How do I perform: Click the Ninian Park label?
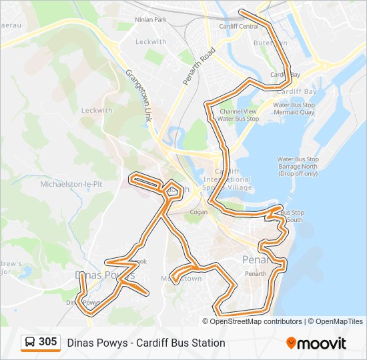pyautogui.click(x=150, y=20)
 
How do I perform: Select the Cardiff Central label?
pyautogui.click(x=239, y=27)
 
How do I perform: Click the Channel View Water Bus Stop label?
pyautogui.click(x=238, y=115)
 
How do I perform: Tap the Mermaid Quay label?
pyautogui.click(x=294, y=114)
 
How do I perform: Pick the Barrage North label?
pyautogui.click(x=298, y=167)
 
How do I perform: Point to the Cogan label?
pyautogui.click(x=198, y=212)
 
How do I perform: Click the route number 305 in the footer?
pyautogui.click(x=47, y=342)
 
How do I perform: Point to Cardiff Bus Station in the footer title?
pyautogui.click(x=183, y=343)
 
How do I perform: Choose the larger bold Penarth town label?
pyautogui.click(x=254, y=259)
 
